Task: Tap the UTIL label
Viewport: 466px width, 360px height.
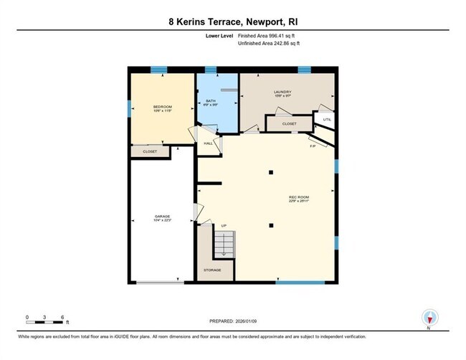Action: pos(326,120)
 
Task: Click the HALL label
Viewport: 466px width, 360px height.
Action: pos(209,143)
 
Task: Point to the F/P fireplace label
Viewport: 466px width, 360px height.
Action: pos(313,146)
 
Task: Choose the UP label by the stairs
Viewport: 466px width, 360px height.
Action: pos(224,227)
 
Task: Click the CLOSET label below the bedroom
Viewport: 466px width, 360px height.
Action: pos(150,152)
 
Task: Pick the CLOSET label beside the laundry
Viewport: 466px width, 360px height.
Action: pos(289,124)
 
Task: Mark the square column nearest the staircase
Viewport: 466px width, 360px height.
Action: pos(271,226)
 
